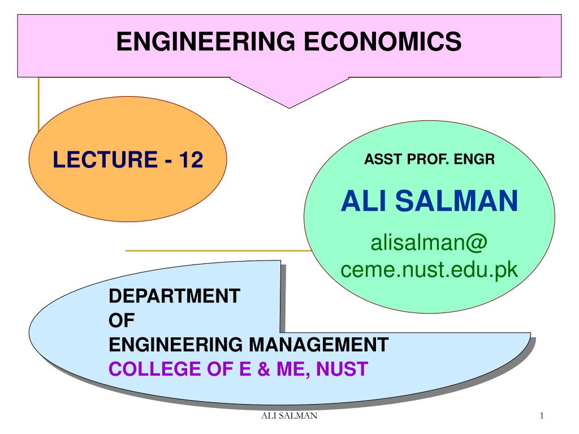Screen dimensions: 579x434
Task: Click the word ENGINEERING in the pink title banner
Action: point(206,41)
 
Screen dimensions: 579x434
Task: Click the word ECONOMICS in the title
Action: point(383,41)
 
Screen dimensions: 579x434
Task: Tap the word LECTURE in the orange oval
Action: point(105,159)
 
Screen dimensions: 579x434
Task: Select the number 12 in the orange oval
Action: point(191,159)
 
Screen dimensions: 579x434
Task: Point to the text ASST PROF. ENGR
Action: point(430,159)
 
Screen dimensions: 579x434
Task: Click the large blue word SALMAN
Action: point(456,201)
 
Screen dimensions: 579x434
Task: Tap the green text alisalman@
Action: point(429,243)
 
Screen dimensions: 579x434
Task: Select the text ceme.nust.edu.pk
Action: point(429,270)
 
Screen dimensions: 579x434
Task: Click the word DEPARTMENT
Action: point(174,296)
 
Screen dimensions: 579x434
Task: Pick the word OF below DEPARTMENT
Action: point(122,320)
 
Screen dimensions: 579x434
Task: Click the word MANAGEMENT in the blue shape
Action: point(319,345)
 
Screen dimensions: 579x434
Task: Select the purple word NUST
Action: point(342,369)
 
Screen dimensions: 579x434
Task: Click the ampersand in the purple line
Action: point(263,369)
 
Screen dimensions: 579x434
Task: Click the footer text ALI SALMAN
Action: point(289,416)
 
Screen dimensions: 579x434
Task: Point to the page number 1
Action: point(542,416)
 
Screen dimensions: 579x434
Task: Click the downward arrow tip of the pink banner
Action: point(289,108)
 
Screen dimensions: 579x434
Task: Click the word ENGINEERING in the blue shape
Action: point(176,345)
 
